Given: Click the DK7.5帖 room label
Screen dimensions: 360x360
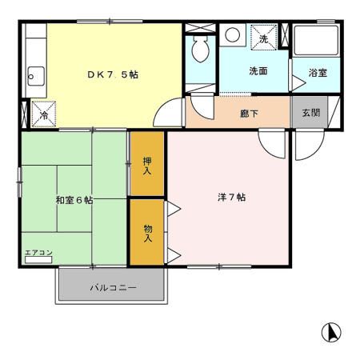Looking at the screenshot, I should coord(113,74).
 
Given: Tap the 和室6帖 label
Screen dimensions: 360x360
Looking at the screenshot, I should coord(74,200).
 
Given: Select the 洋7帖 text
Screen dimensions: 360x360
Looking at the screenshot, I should coord(230,197).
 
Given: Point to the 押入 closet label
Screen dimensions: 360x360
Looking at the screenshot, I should coord(148,165).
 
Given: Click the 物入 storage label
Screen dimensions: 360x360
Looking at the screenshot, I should coord(148,233).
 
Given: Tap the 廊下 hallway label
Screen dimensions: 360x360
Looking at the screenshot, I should coord(249,114).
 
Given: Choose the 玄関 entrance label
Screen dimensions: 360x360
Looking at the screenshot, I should coord(310,113).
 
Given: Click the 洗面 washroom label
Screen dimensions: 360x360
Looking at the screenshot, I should coord(258,71).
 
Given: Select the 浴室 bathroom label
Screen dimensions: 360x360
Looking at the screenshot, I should coord(318,74).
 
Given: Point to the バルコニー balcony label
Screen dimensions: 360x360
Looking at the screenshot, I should coord(113,286).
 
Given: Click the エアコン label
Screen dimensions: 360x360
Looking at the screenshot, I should coord(38,254).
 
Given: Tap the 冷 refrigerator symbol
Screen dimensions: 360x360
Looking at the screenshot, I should coord(44,114).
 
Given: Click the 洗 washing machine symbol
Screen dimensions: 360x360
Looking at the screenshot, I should coord(262,38).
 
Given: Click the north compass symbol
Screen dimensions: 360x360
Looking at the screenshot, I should coord(331,331).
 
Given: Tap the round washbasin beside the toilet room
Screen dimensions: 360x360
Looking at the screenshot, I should coord(232,34).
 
